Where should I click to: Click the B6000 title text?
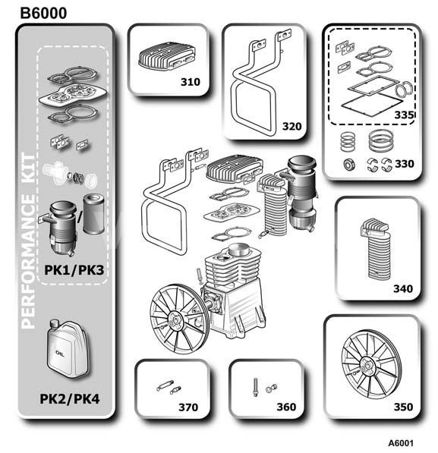(x=43, y=14)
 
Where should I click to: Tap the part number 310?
(x=191, y=82)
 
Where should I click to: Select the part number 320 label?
(x=291, y=126)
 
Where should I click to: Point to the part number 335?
(x=404, y=115)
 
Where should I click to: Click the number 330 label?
(x=405, y=164)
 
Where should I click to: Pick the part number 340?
(x=403, y=288)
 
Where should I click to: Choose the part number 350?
(x=403, y=407)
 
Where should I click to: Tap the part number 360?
(x=286, y=407)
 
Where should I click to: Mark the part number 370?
(x=188, y=407)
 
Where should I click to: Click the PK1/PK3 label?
(x=74, y=270)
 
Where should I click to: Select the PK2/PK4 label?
(x=70, y=399)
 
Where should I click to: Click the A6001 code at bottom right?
(x=401, y=443)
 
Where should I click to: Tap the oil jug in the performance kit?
(x=68, y=349)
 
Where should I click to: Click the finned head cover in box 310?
(x=167, y=57)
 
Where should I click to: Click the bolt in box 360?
(x=255, y=387)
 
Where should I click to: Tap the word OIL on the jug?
(x=59, y=353)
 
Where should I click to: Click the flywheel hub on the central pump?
(x=174, y=319)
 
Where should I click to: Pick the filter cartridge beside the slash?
(x=93, y=213)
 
